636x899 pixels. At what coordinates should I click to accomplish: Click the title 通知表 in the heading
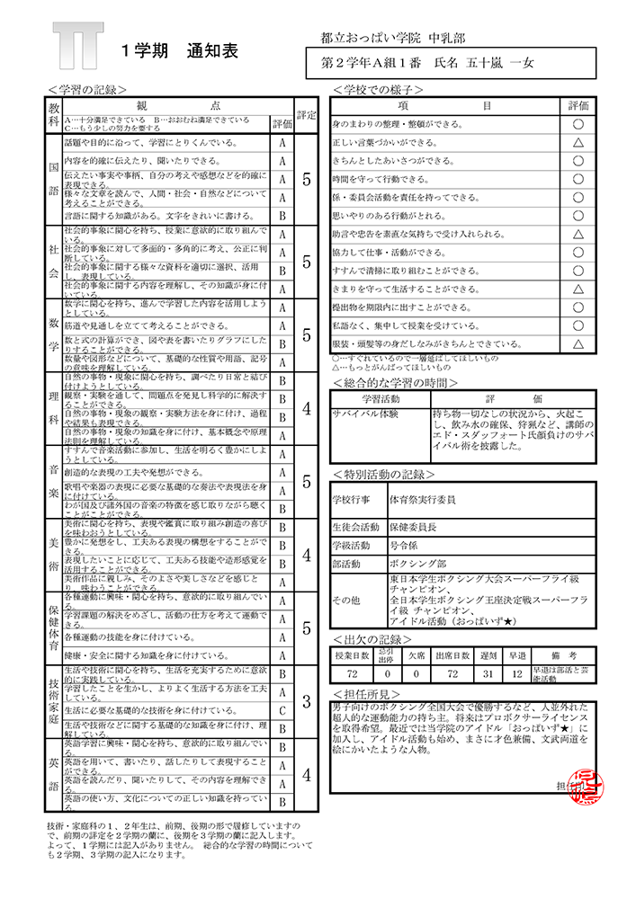212,52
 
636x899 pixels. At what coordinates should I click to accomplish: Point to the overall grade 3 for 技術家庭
307,701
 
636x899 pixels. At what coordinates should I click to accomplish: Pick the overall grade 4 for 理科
307,408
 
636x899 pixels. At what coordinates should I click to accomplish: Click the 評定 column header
307,116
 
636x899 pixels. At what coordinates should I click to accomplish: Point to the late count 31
489,673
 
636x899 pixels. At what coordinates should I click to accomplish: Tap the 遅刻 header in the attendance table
489,655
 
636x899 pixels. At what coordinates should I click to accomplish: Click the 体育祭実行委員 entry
423,497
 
